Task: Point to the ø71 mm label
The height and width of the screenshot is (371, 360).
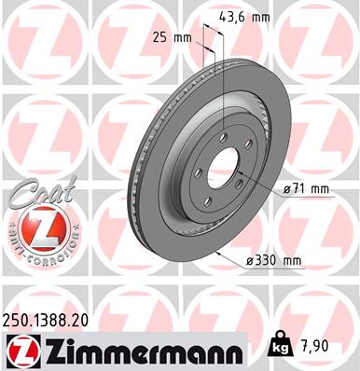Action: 308,189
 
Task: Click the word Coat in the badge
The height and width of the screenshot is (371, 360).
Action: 35,193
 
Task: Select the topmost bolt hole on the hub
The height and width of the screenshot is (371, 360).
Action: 225,139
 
